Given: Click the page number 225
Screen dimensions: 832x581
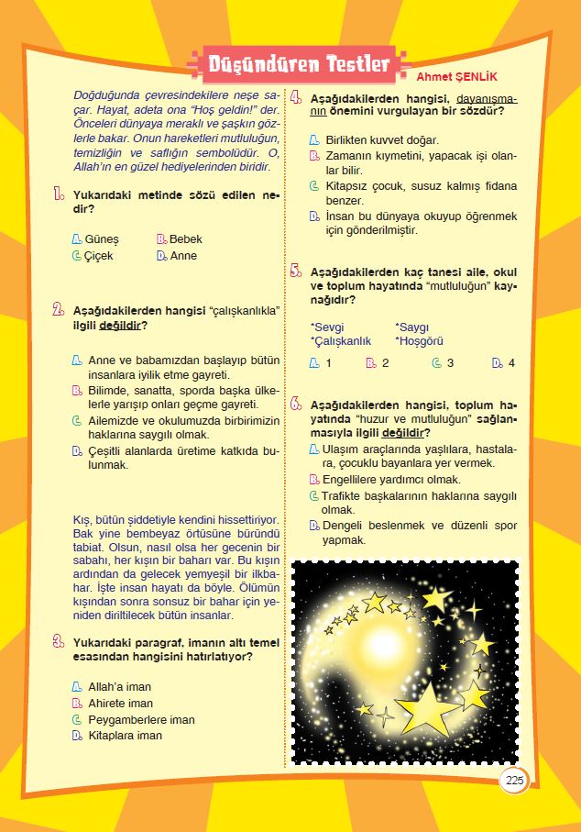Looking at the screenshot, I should tap(514, 781).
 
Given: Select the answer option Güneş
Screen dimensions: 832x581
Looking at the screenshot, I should tap(101, 239).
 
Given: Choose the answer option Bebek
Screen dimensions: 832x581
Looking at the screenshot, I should tap(185, 239).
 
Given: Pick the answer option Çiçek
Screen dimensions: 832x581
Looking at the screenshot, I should tap(99, 256).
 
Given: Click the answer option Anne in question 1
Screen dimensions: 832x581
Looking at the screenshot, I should tap(183, 256).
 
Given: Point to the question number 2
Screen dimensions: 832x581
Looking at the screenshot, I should tap(58, 309).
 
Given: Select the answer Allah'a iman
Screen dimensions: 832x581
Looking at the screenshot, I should tap(119, 687).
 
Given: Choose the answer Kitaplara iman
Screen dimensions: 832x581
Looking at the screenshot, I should tap(125, 736).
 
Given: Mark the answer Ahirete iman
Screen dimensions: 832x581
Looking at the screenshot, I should tap(120, 704).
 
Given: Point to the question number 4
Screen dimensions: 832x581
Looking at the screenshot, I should tap(296, 97).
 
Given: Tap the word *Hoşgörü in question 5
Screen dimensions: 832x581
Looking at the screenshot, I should tap(421, 341).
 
